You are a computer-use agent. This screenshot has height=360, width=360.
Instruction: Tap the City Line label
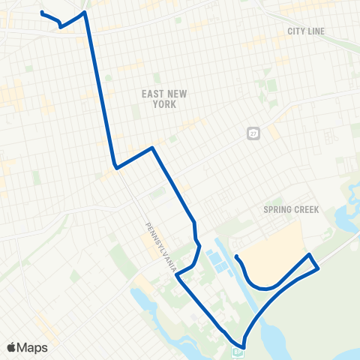305,31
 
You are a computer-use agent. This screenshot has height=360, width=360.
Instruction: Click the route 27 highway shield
254,132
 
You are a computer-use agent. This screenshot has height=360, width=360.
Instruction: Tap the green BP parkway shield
238,351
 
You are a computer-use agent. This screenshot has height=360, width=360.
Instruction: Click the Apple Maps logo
27,347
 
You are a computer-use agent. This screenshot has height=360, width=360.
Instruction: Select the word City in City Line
295,31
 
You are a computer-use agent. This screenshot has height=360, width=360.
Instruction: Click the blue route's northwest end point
41,13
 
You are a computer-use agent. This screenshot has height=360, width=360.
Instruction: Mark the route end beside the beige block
236,257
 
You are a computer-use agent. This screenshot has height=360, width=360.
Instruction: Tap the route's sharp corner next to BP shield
243,338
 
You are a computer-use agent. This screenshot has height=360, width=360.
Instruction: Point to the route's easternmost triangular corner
318,267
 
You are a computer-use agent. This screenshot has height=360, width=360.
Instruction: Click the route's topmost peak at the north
85,12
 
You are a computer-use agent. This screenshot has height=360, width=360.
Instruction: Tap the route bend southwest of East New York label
115,166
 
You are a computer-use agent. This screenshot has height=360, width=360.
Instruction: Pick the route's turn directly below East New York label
153,148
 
